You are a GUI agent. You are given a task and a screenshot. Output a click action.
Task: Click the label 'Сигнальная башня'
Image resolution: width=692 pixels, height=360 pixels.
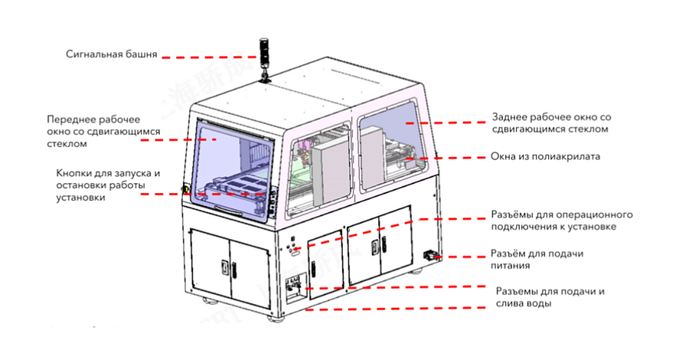pos(112,54)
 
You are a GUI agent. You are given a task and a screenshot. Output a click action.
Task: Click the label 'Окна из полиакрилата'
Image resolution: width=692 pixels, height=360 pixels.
pos(545,156)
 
